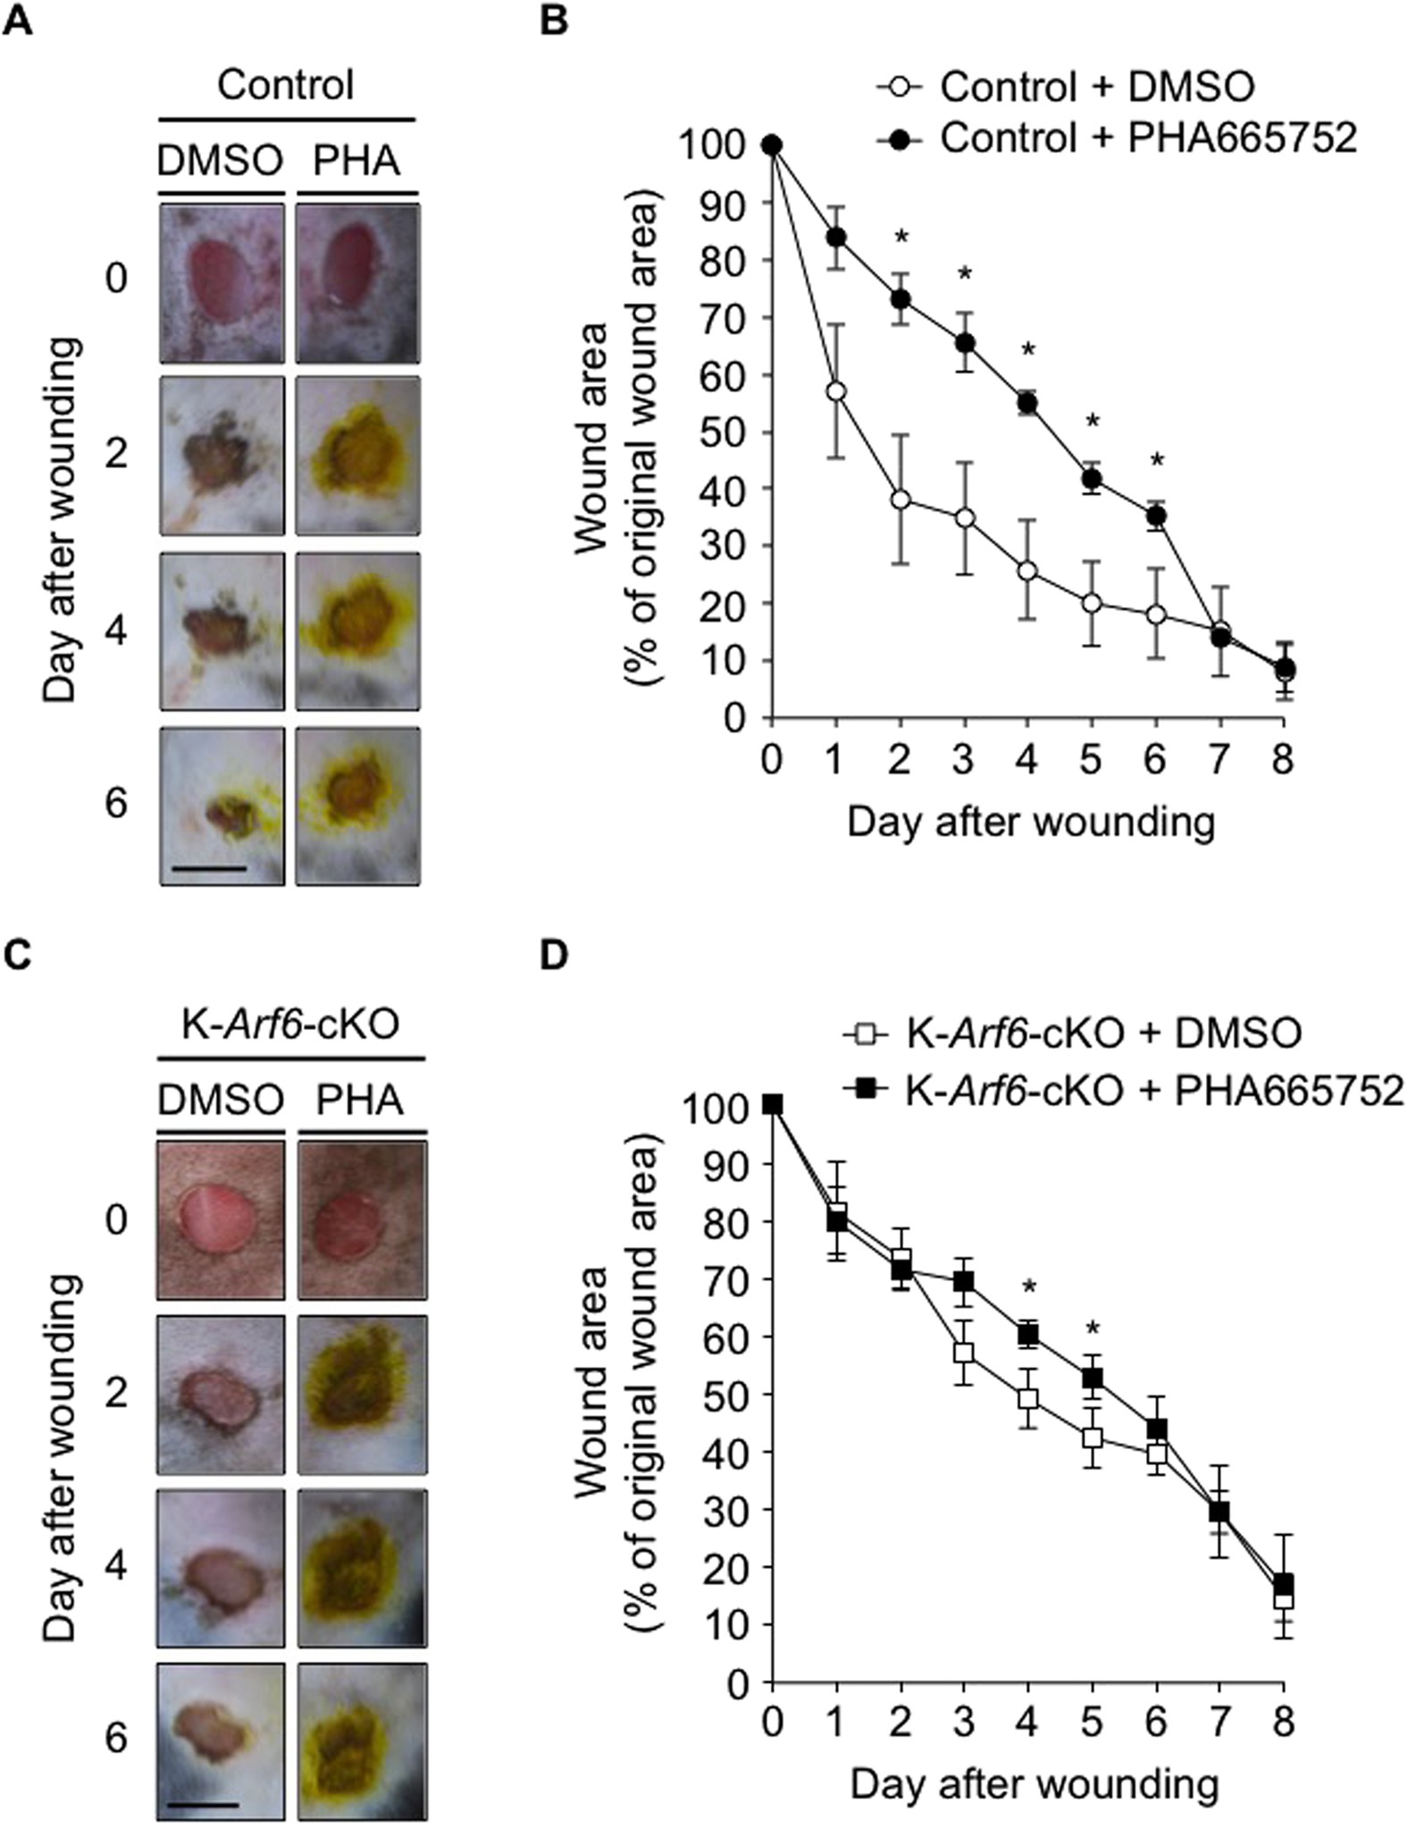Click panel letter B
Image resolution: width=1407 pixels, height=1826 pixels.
coord(555,20)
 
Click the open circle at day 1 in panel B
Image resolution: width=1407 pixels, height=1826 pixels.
coord(836,392)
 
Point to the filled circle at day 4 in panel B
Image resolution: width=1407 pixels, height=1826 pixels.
coord(1027,404)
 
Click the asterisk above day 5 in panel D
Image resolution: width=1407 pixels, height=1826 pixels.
coord(1092,1328)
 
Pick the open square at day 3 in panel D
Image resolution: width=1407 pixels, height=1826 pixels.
coord(963,1353)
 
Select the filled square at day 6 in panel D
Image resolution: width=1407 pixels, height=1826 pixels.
coord(1157,1428)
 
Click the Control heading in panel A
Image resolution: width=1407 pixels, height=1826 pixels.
coord(286,86)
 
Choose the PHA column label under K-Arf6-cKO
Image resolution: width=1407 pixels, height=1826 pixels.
coord(360,1101)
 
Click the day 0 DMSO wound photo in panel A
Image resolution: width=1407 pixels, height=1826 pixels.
coord(222,282)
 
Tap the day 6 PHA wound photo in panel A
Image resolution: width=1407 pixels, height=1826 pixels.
coord(356,806)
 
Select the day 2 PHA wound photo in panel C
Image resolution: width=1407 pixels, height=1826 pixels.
coord(361,1394)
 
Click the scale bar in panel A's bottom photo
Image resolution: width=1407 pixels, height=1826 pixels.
coord(206,867)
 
